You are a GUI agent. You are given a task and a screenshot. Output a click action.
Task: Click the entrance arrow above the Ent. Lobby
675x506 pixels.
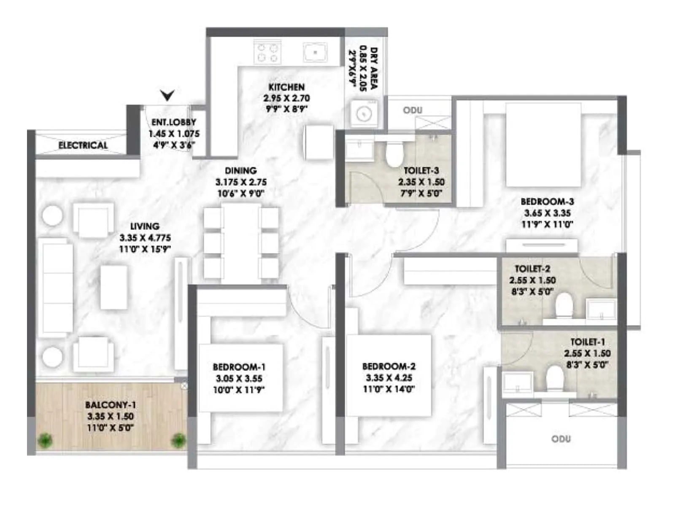pyautogui.click(x=167, y=95)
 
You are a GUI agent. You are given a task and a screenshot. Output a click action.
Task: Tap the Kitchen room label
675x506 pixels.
pyautogui.click(x=286, y=87)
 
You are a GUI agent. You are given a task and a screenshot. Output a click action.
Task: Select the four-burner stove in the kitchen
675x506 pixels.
pyautogui.click(x=267, y=53)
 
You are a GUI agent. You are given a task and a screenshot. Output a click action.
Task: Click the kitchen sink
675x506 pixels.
pyautogui.click(x=315, y=53)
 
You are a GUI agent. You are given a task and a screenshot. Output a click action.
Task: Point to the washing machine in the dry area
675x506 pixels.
pyautogui.click(x=363, y=113)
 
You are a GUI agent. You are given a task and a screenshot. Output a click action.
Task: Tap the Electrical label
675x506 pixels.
pyautogui.click(x=83, y=145)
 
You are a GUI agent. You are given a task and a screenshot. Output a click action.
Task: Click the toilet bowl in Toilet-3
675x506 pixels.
pyautogui.click(x=394, y=154)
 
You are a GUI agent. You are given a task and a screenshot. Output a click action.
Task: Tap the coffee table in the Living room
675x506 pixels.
pyautogui.click(x=114, y=287)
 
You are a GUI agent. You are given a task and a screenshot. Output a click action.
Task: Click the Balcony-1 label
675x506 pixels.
pyautogui.click(x=111, y=405)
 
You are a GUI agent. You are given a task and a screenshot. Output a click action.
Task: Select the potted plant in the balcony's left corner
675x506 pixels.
pyautogui.click(x=44, y=441)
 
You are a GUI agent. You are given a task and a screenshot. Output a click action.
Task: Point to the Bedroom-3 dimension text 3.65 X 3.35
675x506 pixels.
pyautogui.click(x=547, y=213)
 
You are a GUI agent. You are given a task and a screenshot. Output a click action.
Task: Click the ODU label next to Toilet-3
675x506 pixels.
pyautogui.click(x=412, y=110)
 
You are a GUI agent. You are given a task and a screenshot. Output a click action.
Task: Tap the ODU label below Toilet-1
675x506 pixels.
pyautogui.click(x=561, y=439)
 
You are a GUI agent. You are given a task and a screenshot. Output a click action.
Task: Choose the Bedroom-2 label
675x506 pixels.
pyautogui.click(x=389, y=366)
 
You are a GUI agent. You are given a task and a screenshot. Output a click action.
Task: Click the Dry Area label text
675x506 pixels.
pyautogui.click(x=374, y=68)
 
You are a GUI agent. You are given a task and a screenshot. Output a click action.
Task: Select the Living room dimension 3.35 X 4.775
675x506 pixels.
pyautogui.click(x=145, y=238)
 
